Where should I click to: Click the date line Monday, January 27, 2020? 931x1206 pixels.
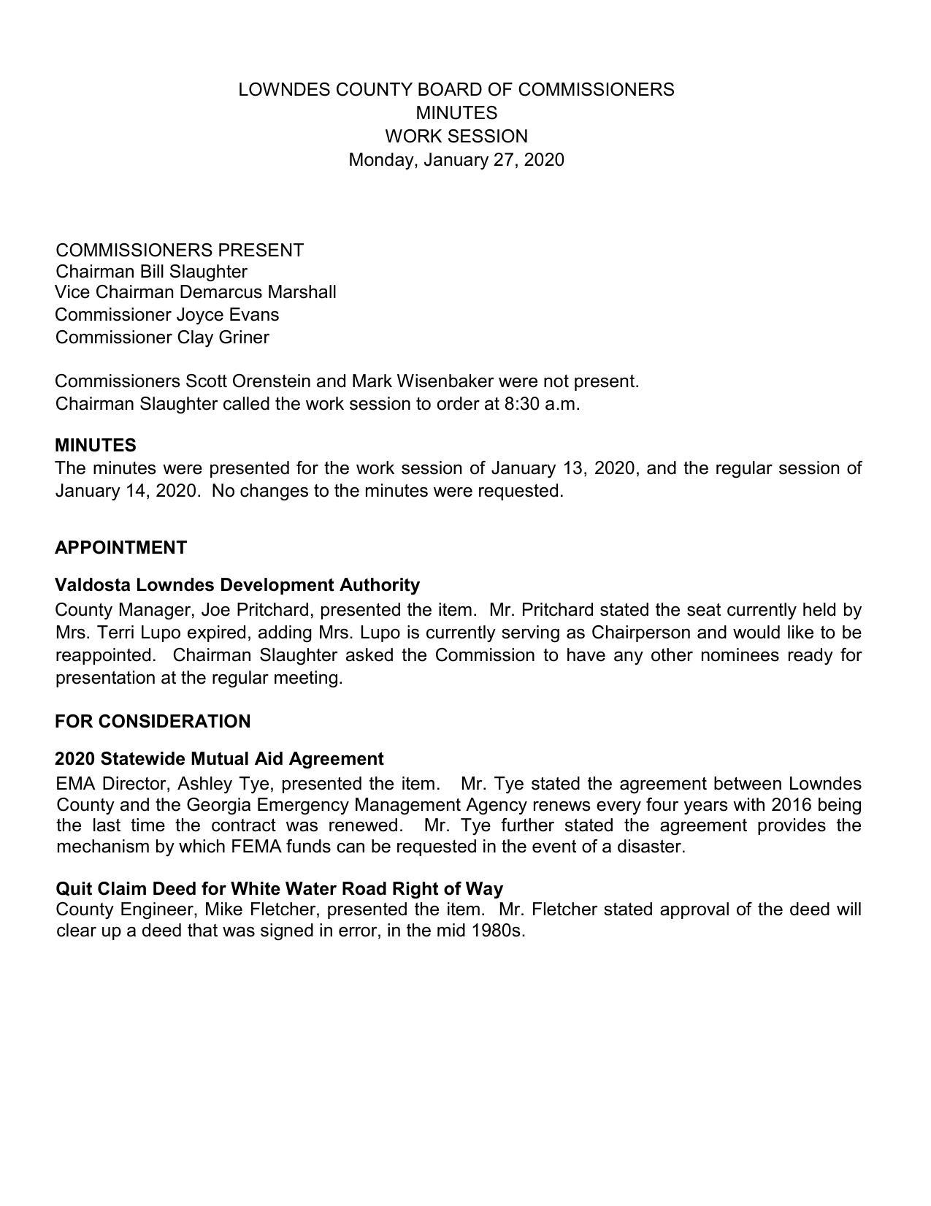[x=456, y=160]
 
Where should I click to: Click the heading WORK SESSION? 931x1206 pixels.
[x=456, y=137]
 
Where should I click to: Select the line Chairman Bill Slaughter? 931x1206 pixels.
[x=152, y=272]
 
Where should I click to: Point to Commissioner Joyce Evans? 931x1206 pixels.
[x=167, y=315]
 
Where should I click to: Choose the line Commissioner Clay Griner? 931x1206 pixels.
[x=162, y=337]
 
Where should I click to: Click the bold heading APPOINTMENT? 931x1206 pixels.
[x=120, y=548]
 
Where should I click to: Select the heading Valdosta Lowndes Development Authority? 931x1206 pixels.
[x=237, y=585]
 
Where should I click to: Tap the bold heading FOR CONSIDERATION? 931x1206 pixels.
[x=153, y=722]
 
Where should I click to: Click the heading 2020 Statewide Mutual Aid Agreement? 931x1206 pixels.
[x=219, y=759]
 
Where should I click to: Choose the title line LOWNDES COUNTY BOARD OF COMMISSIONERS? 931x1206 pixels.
[x=456, y=90]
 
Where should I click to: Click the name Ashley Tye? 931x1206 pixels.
[x=217, y=785]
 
